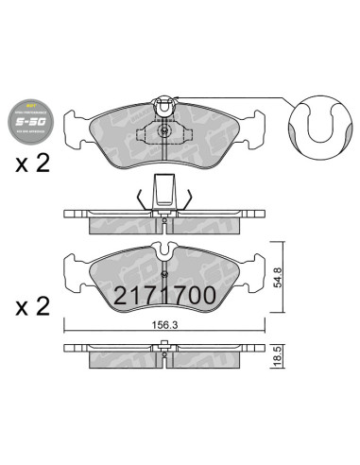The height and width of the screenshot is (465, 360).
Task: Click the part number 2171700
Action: point(165,296)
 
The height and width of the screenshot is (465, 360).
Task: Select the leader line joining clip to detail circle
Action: point(227,96)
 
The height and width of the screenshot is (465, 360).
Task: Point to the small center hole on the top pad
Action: point(165,131)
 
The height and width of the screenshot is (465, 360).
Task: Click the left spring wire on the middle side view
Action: point(142,198)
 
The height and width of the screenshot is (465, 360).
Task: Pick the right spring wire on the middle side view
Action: point(189,198)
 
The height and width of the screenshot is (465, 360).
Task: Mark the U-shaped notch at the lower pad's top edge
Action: point(165,250)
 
